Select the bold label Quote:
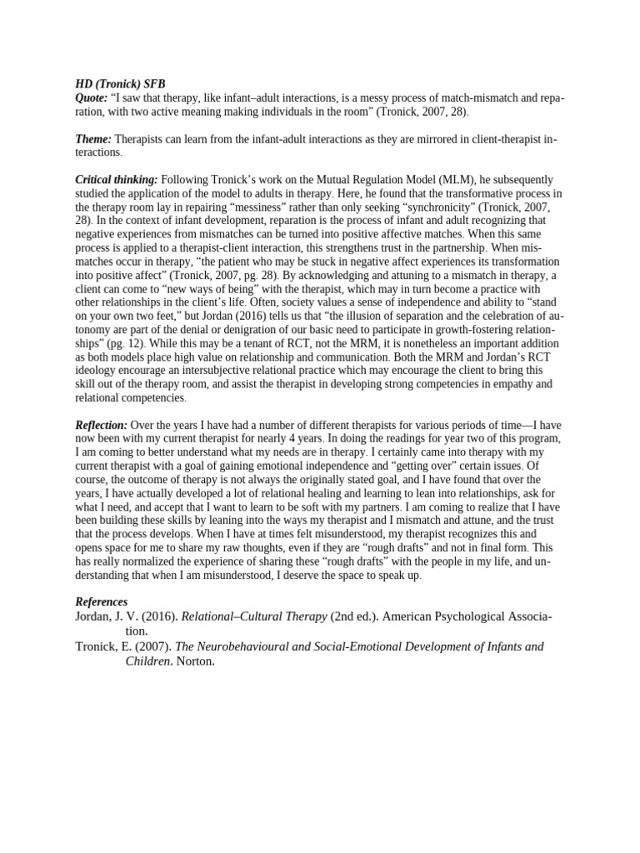click(x=92, y=98)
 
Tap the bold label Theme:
click(x=93, y=139)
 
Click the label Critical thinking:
click(x=116, y=180)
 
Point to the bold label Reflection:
click(x=101, y=425)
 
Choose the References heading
click(x=102, y=601)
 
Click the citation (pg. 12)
click(x=126, y=343)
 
